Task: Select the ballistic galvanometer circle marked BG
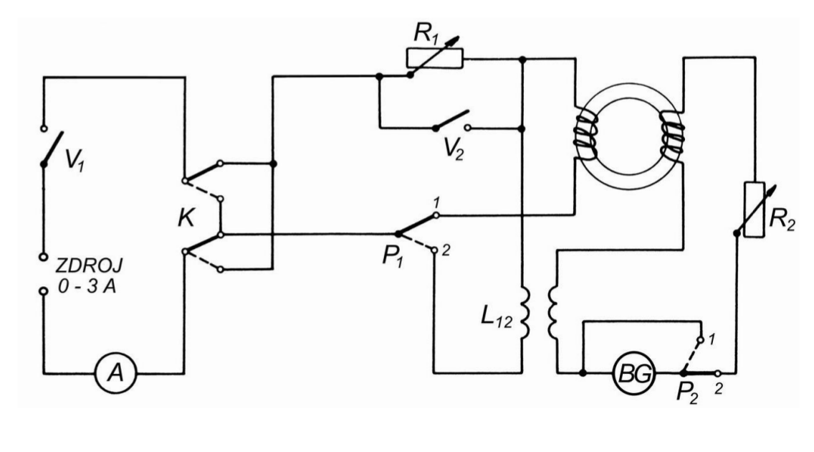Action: [x=631, y=373]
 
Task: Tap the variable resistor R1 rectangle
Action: [x=435, y=57]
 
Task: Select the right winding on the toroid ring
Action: [x=672, y=136]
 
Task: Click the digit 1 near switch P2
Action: [x=712, y=337]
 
